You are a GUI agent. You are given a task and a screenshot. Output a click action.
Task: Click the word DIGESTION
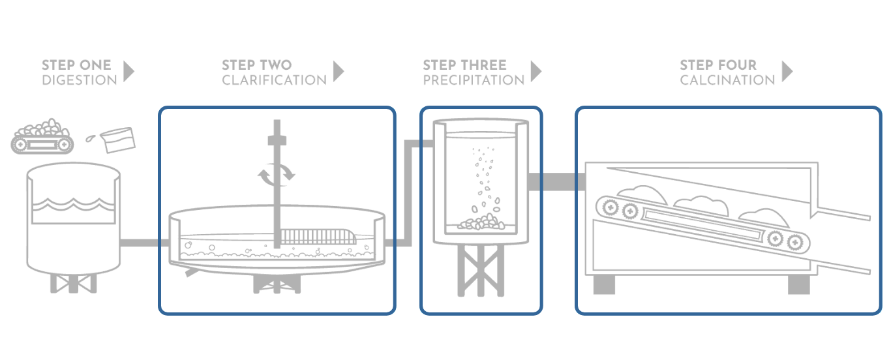coord(80,80)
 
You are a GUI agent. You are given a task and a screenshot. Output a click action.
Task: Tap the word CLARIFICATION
coord(274,80)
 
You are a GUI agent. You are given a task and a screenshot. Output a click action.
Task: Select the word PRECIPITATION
coord(474,80)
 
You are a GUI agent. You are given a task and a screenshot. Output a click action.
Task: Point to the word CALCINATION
coord(727,80)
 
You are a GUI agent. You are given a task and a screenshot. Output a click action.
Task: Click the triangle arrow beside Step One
coord(128,71)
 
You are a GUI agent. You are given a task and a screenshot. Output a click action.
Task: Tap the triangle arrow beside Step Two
coord(338,71)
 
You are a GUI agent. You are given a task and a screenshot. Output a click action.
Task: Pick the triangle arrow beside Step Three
coord(536,71)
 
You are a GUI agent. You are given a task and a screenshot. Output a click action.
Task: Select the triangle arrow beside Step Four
coord(787,71)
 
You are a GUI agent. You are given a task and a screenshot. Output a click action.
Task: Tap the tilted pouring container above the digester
coord(119,137)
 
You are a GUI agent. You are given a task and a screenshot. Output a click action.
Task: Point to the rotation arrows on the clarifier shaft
coord(277,172)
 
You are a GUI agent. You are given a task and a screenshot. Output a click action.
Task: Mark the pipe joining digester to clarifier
coord(140,243)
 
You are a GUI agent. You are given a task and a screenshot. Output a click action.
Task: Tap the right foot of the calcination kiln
coord(798,284)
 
